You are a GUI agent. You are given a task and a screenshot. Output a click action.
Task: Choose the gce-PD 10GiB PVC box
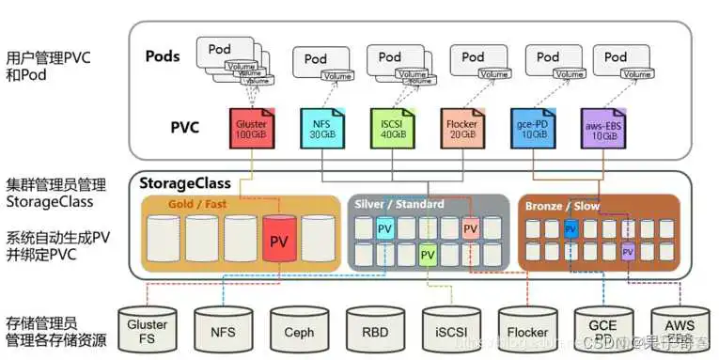pos(532,130)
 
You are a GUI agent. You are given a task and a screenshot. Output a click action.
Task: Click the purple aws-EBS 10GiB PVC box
pos(602,130)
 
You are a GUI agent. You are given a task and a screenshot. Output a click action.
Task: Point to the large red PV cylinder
pos(279,241)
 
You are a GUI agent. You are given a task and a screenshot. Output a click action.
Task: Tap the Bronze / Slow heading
pos(561,206)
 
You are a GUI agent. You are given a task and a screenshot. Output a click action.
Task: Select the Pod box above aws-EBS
pos(615,58)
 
